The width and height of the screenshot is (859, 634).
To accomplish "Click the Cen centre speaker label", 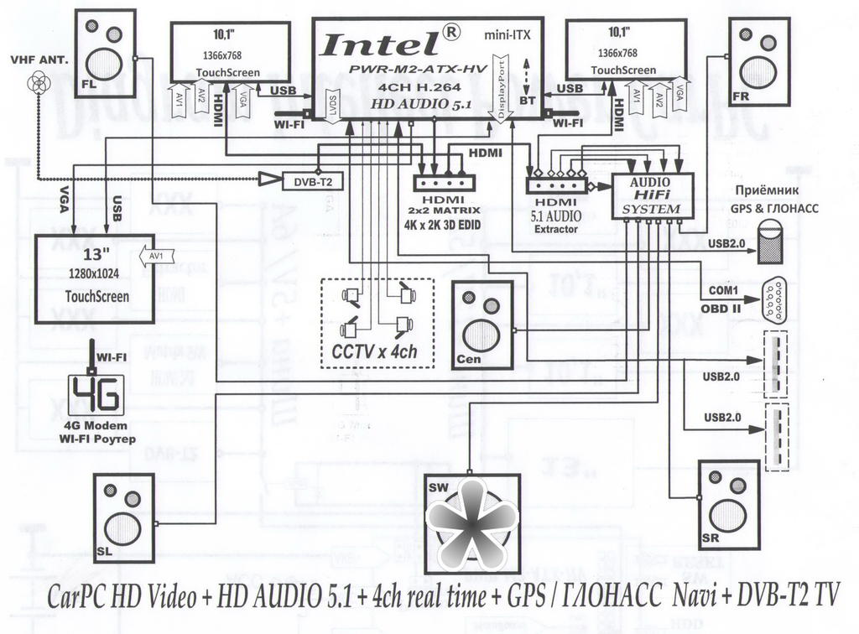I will pyautogui.click(x=470, y=359).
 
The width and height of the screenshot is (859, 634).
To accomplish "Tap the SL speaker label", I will pyautogui.click(x=106, y=551).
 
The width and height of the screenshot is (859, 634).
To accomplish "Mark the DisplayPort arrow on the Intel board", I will pyautogui.click(x=502, y=88).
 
